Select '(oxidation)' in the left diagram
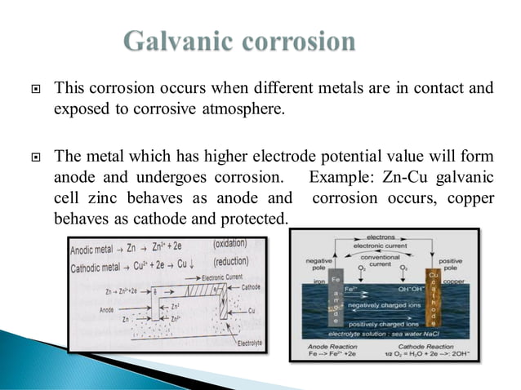[x=236, y=244]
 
